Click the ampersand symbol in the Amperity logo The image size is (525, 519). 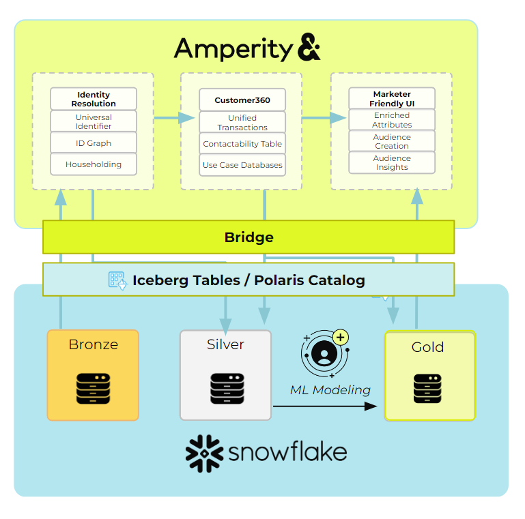tap(309, 50)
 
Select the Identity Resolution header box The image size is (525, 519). tap(94, 99)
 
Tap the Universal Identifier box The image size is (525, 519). tap(94, 121)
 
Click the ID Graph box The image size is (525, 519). tap(94, 143)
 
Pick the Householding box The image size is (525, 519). tap(94, 164)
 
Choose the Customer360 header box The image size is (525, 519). tap(242, 100)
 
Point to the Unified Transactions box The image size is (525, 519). tap(242, 123)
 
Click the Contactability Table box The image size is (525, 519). tap(242, 144)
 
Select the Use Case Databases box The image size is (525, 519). tap(242, 165)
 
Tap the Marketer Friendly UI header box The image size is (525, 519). tap(392, 98)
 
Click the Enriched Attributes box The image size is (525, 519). tap(392, 120)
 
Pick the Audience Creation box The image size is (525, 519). tap(392, 141)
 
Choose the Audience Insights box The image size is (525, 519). tap(392, 162)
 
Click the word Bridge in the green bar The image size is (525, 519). tap(249, 237)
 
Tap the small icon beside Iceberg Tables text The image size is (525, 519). tap(118, 280)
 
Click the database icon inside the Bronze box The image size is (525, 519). tap(93, 387)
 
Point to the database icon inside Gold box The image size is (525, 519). tap(428, 388)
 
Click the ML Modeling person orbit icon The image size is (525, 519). tap(325, 353)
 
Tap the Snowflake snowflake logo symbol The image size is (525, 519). tap(204, 451)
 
